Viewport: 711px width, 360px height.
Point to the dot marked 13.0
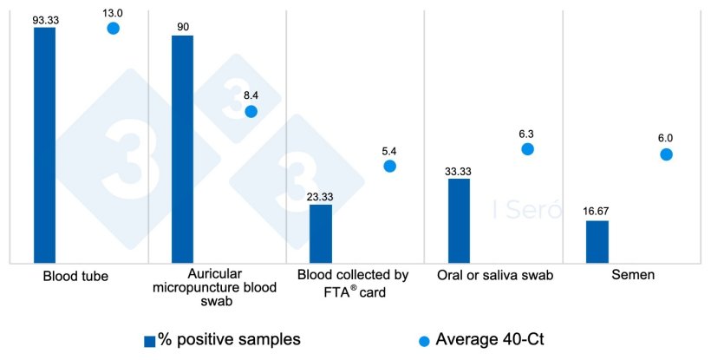point(113,29)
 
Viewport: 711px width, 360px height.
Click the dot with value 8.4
point(251,112)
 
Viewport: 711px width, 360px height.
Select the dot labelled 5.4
point(389,166)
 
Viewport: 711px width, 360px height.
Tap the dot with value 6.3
point(527,149)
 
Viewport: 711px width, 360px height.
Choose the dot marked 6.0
point(666,154)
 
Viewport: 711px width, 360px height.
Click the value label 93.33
point(45,17)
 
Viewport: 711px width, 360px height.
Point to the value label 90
point(183,26)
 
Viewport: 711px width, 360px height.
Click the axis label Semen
point(631,276)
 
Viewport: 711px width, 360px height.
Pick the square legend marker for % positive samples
point(149,340)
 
